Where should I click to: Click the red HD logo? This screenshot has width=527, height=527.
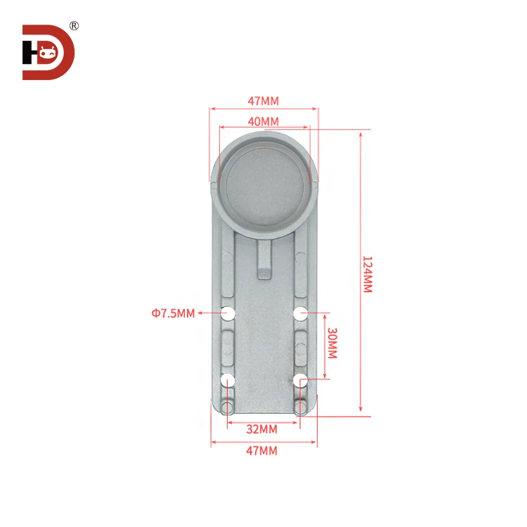(48, 52)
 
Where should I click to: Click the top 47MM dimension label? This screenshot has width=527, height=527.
(263, 100)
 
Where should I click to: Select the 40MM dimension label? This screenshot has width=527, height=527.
(263, 122)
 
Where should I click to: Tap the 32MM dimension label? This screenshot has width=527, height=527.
(263, 429)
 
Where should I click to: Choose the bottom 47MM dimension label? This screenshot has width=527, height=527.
(263, 450)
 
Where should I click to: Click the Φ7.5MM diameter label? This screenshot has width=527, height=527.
(172, 313)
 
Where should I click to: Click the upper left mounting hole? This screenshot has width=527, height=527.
(228, 313)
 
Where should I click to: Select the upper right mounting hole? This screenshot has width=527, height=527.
(300, 313)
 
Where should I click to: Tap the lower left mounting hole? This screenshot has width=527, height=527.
(228, 380)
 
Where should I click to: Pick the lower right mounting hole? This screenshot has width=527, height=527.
(300, 380)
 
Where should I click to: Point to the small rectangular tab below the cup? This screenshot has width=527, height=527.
(264, 260)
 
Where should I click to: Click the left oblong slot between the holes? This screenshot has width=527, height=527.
(228, 346)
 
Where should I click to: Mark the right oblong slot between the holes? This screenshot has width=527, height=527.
(300, 346)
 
